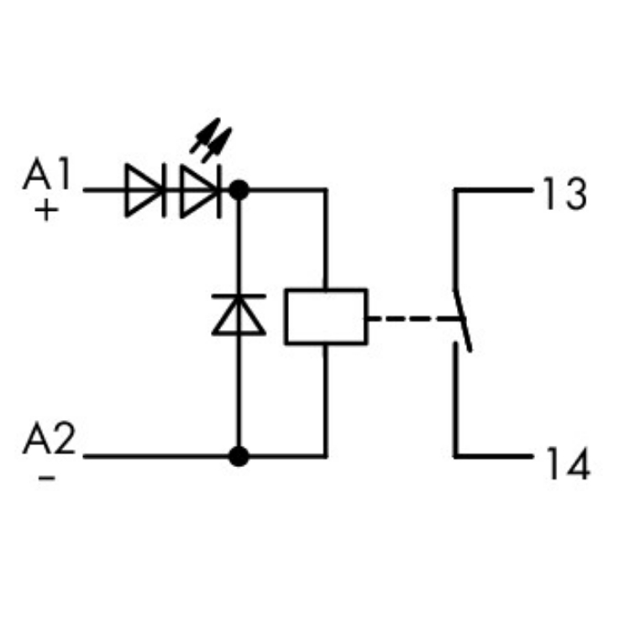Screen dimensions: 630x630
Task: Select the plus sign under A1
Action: tap(47, 210)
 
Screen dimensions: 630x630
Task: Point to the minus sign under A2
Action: tap(47, 476)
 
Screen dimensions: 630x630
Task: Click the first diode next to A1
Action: tap(144, 190)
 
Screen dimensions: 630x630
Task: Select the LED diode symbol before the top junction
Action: tap(200, 190)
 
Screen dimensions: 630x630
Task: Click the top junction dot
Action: tap(240, 190)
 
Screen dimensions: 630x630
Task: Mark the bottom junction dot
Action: tap(240, 456)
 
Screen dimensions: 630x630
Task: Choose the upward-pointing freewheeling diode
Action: tap(239, 314)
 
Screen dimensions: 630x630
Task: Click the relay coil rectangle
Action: tap(326, 317)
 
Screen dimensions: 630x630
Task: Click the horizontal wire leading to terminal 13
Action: tap(496, 191)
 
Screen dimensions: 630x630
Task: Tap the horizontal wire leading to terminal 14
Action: tap(496, 456)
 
